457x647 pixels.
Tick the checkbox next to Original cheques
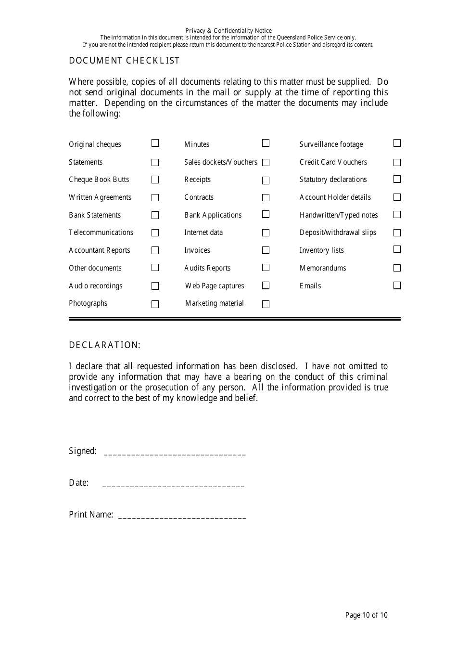(x=155, y=143)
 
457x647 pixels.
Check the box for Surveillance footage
(x=397, y=143)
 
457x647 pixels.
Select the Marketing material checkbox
(x=266, y=304)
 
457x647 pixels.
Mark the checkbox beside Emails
(x=397, y=285)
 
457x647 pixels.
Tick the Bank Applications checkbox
(x=266, y=214)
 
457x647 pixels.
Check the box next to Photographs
(x=155, y=304)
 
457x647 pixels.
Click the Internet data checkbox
(x=266, y=233)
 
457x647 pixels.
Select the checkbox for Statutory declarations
(x=397, y=179)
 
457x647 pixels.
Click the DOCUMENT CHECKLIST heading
(x=124, y=61)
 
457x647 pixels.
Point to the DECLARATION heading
(x=104, y=345)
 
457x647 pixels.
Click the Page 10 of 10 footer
(x=366, y=615)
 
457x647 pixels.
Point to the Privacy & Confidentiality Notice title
(x=228, y=30)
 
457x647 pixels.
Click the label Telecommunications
(x=101, y=233)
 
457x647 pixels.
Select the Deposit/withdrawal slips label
(x=338, y=233)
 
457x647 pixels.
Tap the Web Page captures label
(x=215, y=286)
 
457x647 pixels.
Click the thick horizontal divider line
(x=234, y=319)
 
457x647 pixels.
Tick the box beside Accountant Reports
(x=155, y=250)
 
